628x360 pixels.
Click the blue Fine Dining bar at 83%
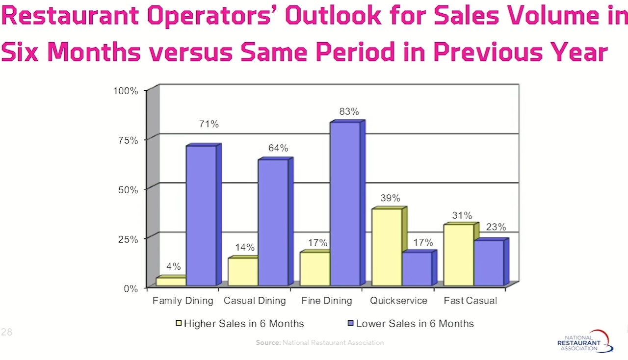pos(345,204)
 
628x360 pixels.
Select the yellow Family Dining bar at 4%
pos(171,282)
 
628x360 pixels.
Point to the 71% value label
pos(209,125)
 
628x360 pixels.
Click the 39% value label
pos(390,198)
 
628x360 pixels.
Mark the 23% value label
pos(496,227)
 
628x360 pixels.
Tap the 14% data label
pos(245,247)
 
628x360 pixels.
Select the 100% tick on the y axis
pos(126,91)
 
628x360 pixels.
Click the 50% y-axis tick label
pos(129,190)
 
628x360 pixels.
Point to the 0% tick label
pos(131,288)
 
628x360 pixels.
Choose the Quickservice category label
pos(398,301)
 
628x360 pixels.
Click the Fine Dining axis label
pos(327,301)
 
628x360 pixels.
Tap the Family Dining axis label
pos(183,301)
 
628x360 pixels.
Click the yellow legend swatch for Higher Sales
pos(179,324)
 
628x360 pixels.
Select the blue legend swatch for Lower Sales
pos(351,324)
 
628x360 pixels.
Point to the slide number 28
pos(6,332)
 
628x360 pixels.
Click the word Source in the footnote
pos(268,343)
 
